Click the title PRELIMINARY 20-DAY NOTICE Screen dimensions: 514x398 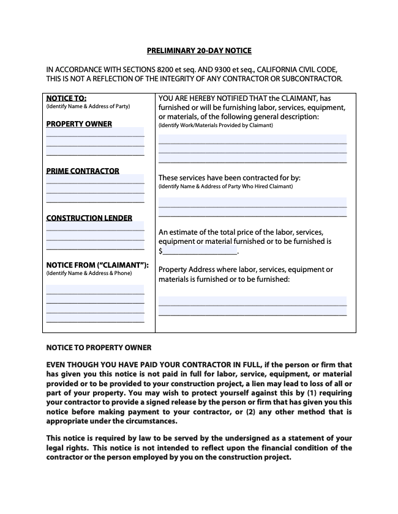[x=199, y=51]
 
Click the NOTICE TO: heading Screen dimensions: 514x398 [x=66, y=98]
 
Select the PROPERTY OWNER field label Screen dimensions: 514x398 [x=79, y=124]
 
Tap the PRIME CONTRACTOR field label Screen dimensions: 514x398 [x=83, y=171]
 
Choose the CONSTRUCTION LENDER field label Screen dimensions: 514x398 [x=89, y=218]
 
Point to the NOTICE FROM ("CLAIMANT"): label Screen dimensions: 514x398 [x=98, y=265]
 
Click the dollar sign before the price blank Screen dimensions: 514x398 [x=160, y=251]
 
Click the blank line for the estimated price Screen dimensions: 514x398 [x=200, y=251]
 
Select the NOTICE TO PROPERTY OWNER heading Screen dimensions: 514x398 [x=99, y=348]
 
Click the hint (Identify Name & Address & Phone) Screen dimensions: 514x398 [x=89, y=273]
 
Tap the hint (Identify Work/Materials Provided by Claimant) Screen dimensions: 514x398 [x=216, y=125]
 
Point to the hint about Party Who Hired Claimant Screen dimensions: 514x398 [x=225, y=186]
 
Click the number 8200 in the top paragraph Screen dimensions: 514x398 [x=177, y=70]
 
